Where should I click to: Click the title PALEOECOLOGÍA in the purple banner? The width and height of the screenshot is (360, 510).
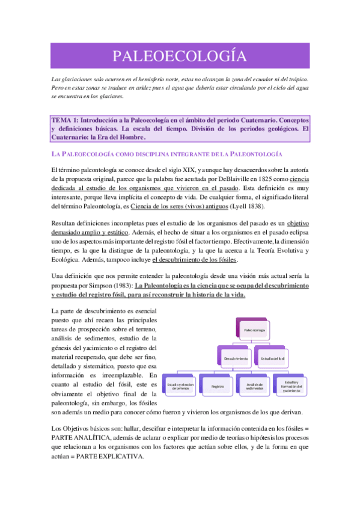pos(180,57)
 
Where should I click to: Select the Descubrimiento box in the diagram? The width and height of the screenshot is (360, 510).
pos(236,358)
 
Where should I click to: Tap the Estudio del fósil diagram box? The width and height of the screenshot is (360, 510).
pos(272,358)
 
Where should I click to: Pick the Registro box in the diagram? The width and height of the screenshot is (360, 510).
pos(217,387)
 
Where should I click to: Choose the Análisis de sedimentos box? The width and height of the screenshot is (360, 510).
pos(254,387)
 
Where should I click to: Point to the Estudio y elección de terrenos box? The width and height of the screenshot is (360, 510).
pos(180,387)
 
